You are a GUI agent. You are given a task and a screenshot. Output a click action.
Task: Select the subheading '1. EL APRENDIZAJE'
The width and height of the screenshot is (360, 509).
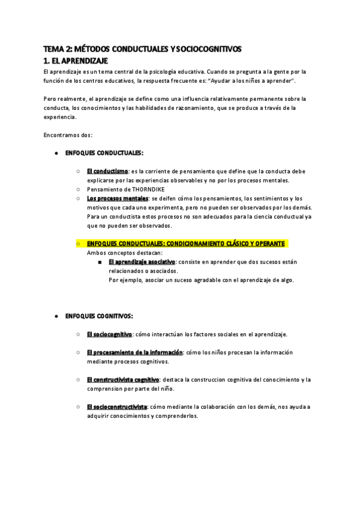click(76, 61)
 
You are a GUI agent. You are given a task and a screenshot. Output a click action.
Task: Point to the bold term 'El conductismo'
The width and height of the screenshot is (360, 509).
click(107, 172)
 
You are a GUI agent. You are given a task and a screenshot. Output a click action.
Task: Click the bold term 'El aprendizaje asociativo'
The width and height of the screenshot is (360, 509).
click(142, 262)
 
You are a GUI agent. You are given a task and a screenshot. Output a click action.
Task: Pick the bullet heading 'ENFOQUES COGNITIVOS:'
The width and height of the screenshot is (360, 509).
click(99, 316)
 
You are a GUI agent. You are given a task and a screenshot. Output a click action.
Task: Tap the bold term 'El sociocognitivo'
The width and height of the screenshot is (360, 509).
click(109, 334)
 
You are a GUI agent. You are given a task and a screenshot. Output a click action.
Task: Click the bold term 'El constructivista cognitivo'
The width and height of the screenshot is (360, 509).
click(122, 379)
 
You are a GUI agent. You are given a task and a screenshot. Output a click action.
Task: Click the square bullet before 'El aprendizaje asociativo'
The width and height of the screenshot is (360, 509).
click(99, 262)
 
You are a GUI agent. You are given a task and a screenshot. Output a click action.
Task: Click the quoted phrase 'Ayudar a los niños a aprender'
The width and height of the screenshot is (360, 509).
click(251, 80)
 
